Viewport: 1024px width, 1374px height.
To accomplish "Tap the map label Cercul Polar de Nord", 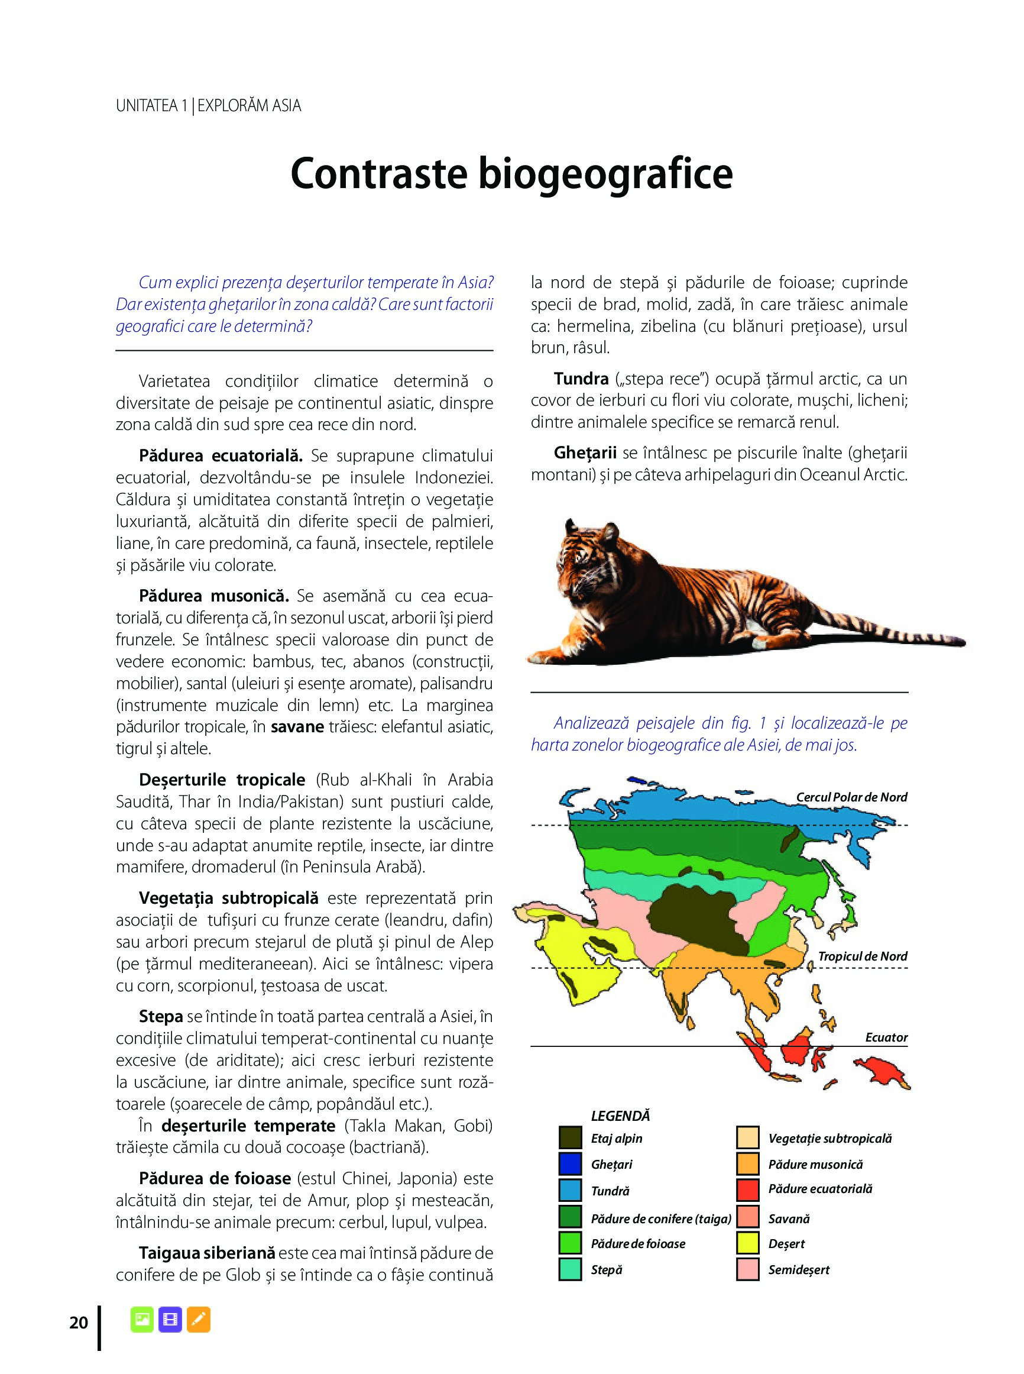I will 851,797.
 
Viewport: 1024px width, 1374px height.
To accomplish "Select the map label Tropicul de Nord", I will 862,956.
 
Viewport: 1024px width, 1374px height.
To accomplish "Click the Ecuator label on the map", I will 886,1037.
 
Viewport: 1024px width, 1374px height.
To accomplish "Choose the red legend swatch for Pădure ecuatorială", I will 748,1189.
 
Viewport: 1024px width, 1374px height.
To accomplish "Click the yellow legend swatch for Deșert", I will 748,1243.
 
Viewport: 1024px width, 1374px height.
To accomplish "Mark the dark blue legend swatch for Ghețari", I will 570,1164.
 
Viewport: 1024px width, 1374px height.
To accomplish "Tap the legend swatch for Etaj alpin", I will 570,1138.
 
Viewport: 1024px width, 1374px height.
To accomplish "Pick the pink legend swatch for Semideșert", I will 748,1269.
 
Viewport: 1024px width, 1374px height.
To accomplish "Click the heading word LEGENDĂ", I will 620,1116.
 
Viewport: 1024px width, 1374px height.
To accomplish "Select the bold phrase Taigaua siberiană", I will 206,1253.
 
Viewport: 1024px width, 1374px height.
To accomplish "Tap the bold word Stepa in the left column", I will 161,1016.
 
